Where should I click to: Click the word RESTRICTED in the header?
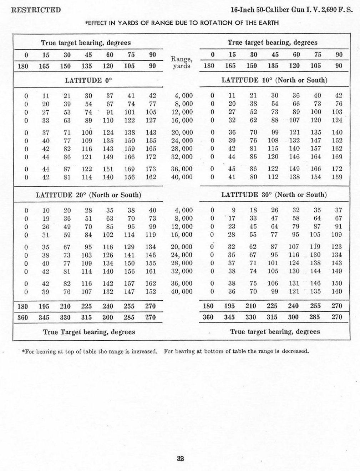[36, 10]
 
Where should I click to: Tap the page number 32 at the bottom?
[180, 459]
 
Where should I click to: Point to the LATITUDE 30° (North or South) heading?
[274, 195]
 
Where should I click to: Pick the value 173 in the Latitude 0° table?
[151, 169]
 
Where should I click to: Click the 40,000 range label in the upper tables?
[182, 177]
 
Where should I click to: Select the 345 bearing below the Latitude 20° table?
[44, 317]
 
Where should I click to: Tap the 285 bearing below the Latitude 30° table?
[316, 317]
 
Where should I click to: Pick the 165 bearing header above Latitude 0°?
[44, 66]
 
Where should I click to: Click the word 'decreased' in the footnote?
[295, 351]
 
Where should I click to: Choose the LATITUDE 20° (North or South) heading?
[88, 195]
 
